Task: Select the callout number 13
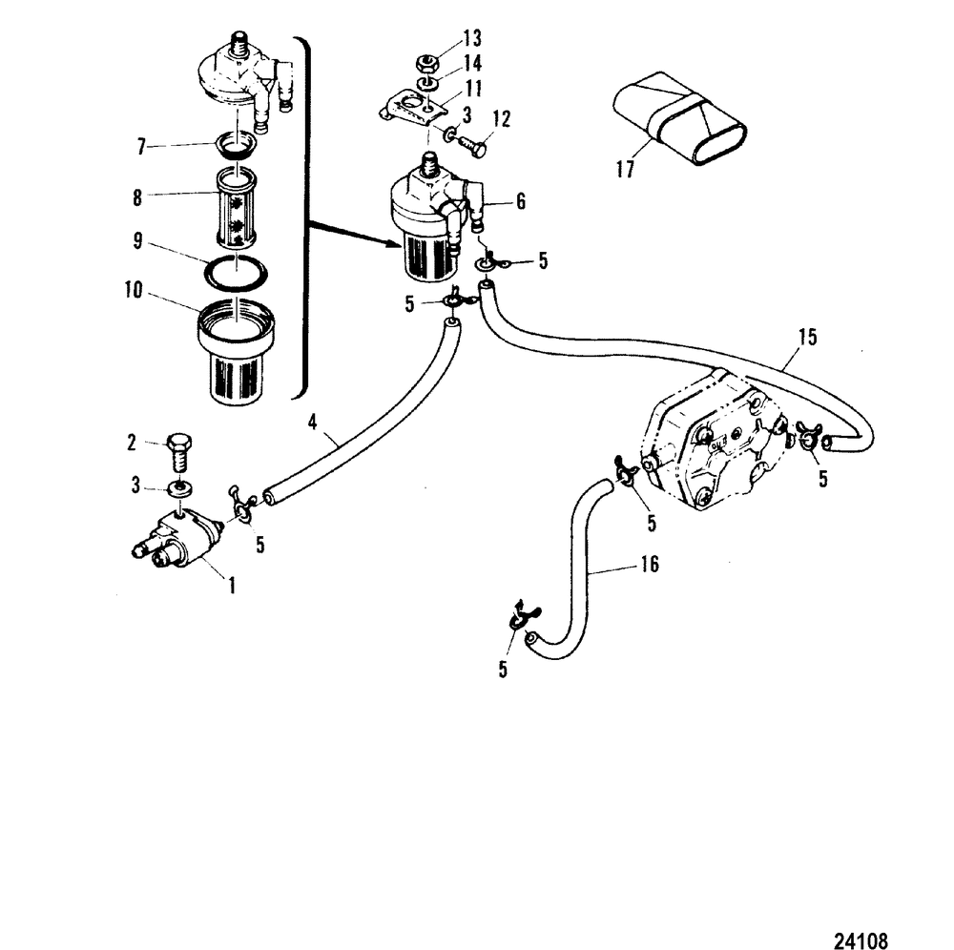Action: click(x=471, y=39)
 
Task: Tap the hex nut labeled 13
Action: click(x=427, y=66)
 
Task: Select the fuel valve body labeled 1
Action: click(x=178, y=540)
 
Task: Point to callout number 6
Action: click(x=520, y=201)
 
